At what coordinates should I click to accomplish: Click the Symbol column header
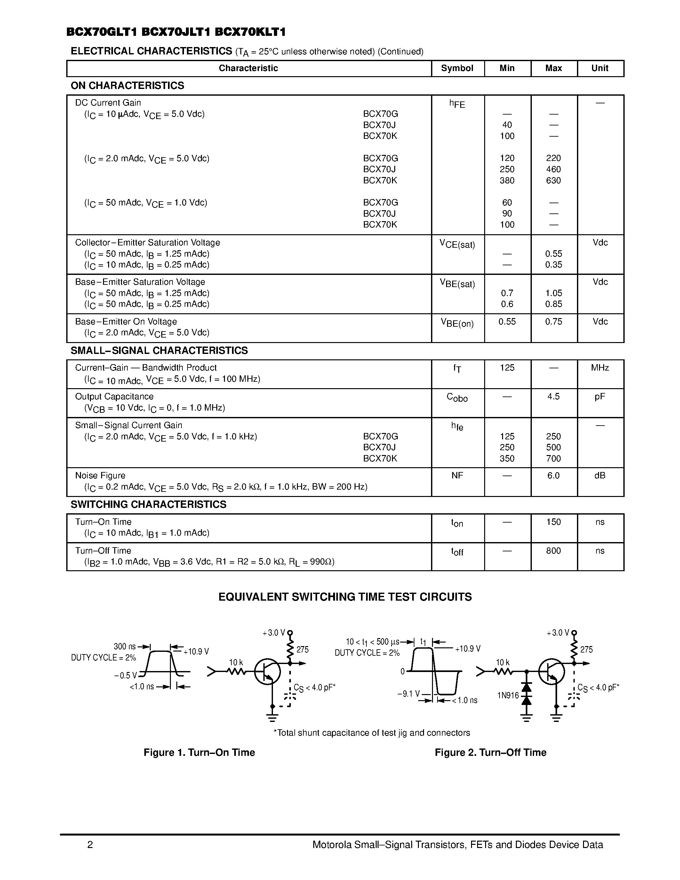pyautogui.click(x=457, y=68)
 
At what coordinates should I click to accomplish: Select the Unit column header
pyautogui.click(x=599, y=68)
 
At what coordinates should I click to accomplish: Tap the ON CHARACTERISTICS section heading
pyautogui.click(x=127, y=85)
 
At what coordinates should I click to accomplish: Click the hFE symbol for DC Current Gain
pyautogui.click(x=457, y=104)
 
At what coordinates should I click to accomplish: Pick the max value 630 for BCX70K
pyautogui.click(x=553, y=180)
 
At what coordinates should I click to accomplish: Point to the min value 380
pyautogui.click(x=507, y=180)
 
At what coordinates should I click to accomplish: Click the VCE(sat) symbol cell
pyautogui.click(x=457, y=244)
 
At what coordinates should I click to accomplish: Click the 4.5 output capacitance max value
pyautogui.click(x=553, y=396)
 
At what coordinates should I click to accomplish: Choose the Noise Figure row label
pyautogui.click(x=100, y=476)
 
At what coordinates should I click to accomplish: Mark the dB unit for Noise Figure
pyautogui.click(x=599, y=476)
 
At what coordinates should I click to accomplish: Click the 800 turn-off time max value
pyautogui.click(x=553, y=550)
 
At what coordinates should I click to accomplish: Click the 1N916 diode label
pyautogui.click(x=508, y=695)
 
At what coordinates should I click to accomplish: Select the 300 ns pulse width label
pyautogui.click(x=124, y=646)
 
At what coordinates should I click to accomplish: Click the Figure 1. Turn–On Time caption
pyautogui.click(x=199, y=752)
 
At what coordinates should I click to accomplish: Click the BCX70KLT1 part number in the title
pyautogui.click(x=250, y=32)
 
